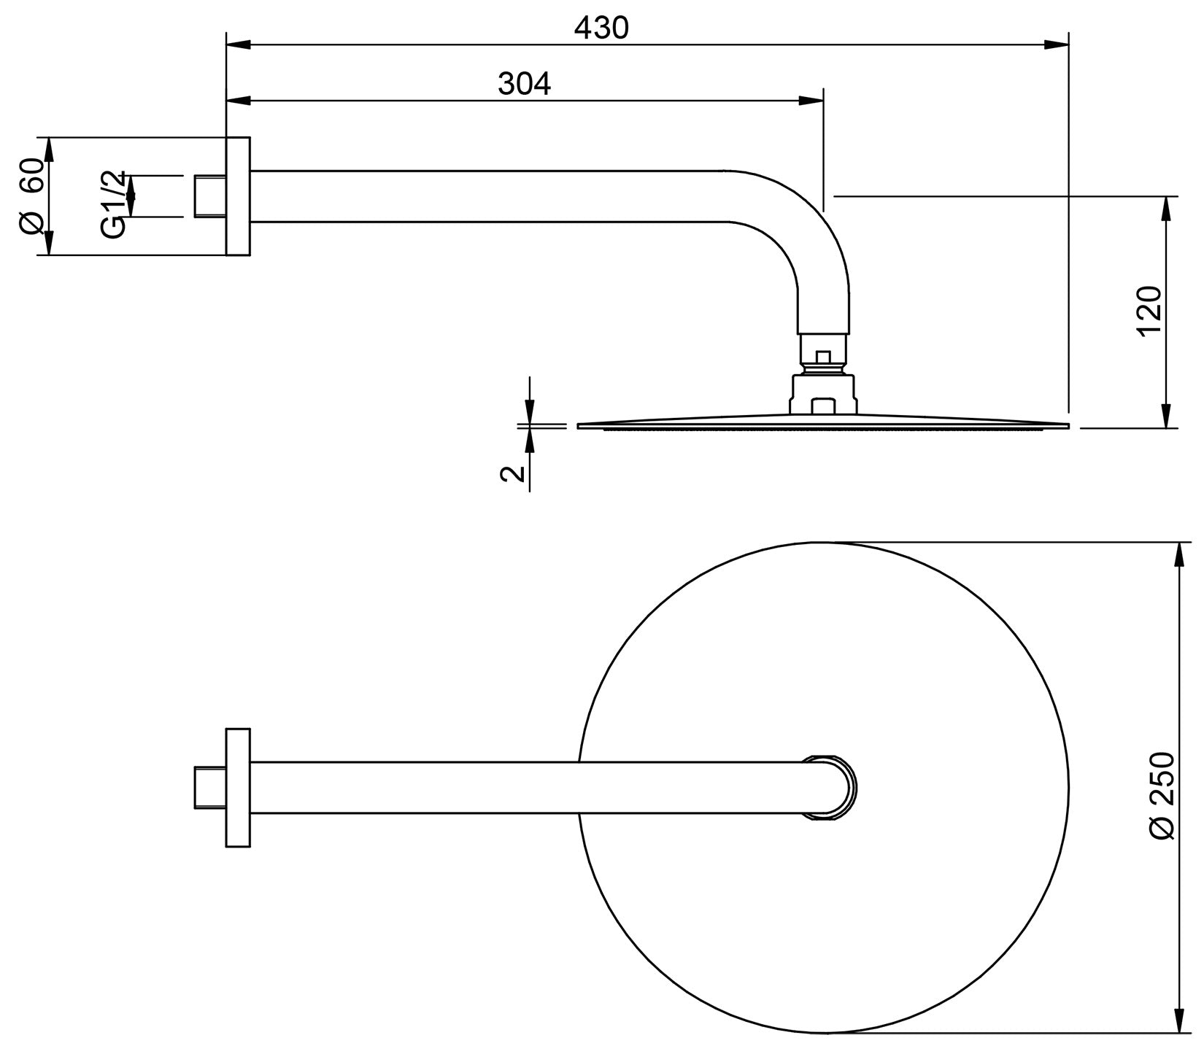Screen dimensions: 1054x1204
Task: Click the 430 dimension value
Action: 601,28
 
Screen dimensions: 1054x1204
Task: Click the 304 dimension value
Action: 524,85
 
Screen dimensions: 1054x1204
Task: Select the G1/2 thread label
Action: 113,205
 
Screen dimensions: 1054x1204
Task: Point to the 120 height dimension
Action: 1149,311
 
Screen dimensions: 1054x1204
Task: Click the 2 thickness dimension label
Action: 513,473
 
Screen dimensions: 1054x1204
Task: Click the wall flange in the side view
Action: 238,196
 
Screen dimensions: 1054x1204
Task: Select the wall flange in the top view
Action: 238,788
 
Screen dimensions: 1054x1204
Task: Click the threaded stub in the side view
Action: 210,196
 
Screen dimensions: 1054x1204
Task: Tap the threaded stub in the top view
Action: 210,788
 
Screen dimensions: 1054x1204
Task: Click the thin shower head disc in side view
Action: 823,425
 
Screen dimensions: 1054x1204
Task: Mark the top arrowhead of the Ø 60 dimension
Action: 50,150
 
